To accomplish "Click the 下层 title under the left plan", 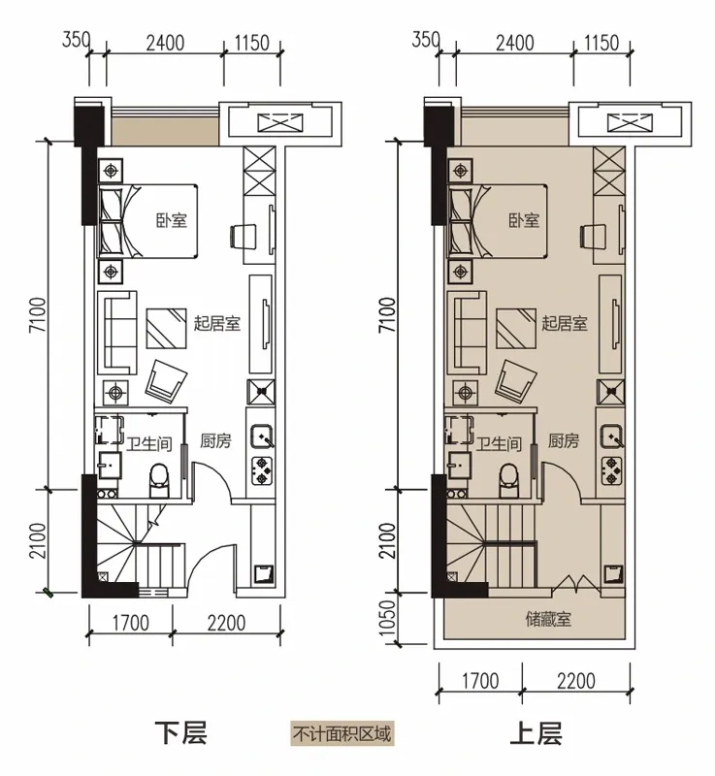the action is [x=180, y=733].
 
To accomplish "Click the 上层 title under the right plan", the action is [x=536, y=733].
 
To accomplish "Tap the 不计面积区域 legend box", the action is [x=341, y=733].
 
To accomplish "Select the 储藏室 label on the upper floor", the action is [x=548, y=619].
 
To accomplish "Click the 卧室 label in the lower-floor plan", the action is [x=172, y=220].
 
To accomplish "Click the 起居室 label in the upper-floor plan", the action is [x=565, y=323].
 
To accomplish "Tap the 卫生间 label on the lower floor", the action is [x=148, y=444].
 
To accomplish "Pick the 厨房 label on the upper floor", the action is [x=563, y=440].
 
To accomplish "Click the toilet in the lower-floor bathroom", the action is [x=159, y=480].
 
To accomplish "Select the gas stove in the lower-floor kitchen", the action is [x=262, y=470].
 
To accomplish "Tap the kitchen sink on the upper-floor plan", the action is [x=611, y=436].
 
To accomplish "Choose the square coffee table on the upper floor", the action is [x=516, y=329].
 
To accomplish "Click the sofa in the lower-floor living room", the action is [x=117, y=333].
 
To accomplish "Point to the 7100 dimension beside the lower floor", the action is [x=38, y=314].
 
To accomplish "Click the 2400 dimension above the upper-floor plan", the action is [x=515, y=43].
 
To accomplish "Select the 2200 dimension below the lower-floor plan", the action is [x=226, y=623].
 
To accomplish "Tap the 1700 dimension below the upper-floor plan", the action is [x=480, y=681].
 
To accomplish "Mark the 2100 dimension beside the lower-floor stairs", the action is [x=38, y=540].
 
